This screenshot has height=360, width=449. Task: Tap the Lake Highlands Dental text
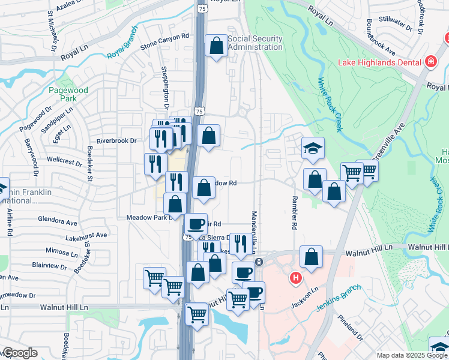tap(380, 62)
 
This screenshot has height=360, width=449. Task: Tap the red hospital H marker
tap(295, 278)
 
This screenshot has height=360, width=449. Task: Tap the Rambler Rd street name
tap(295, 213)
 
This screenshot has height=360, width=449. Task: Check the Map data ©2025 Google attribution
tap(411, 355)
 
